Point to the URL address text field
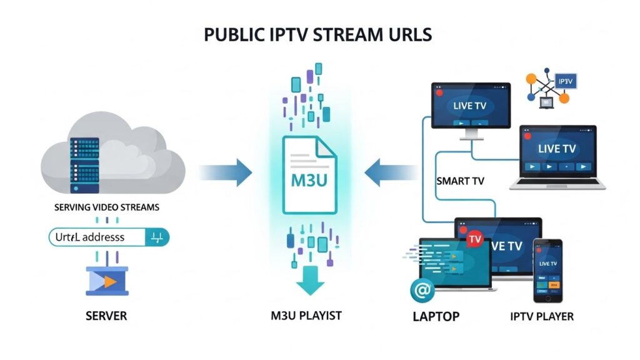pos(94,237)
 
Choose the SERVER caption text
pos(106,316)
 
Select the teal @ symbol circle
pos(423,291)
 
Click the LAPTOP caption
pos(436,316)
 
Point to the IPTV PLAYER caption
pos(542,316)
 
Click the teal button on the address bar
pos(157,237)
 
